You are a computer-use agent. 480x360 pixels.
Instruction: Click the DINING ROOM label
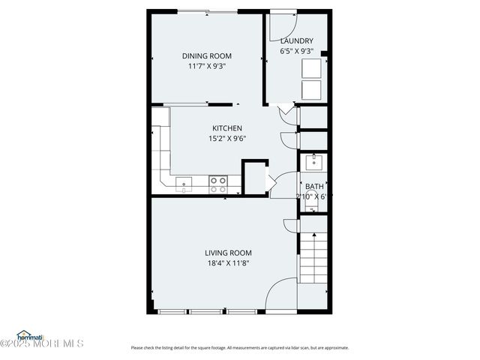[x=207, y=55]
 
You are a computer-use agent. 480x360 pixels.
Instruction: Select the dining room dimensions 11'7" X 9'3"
[x=207, y=66]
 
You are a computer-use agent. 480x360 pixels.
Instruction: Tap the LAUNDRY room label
[x=296, y=40]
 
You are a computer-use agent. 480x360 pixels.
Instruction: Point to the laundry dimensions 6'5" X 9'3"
[x=296, y=51]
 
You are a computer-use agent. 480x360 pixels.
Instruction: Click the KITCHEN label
[x=226, y=127]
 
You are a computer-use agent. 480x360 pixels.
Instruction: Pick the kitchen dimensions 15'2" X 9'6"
[x=226, y=138]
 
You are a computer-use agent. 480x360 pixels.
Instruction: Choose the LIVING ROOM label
[x=229, y=253]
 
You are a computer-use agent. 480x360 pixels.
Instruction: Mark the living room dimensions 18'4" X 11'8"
[x=229, y=263]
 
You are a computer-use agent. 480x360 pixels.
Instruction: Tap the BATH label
[x=313, y=186]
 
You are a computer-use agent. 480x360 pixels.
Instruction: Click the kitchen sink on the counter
[x=183, y=183]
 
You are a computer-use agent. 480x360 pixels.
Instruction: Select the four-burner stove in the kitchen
[x=218, y=184]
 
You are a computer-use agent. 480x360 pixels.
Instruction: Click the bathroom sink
[x=313, y=161]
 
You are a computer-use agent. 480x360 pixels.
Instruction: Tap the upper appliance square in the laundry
[x=310, y=68]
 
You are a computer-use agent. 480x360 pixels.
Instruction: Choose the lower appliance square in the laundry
[x=310, y=90]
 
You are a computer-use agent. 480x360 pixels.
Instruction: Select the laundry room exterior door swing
[x=283, y=20]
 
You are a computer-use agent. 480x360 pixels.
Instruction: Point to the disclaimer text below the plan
[x=239, y=347]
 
